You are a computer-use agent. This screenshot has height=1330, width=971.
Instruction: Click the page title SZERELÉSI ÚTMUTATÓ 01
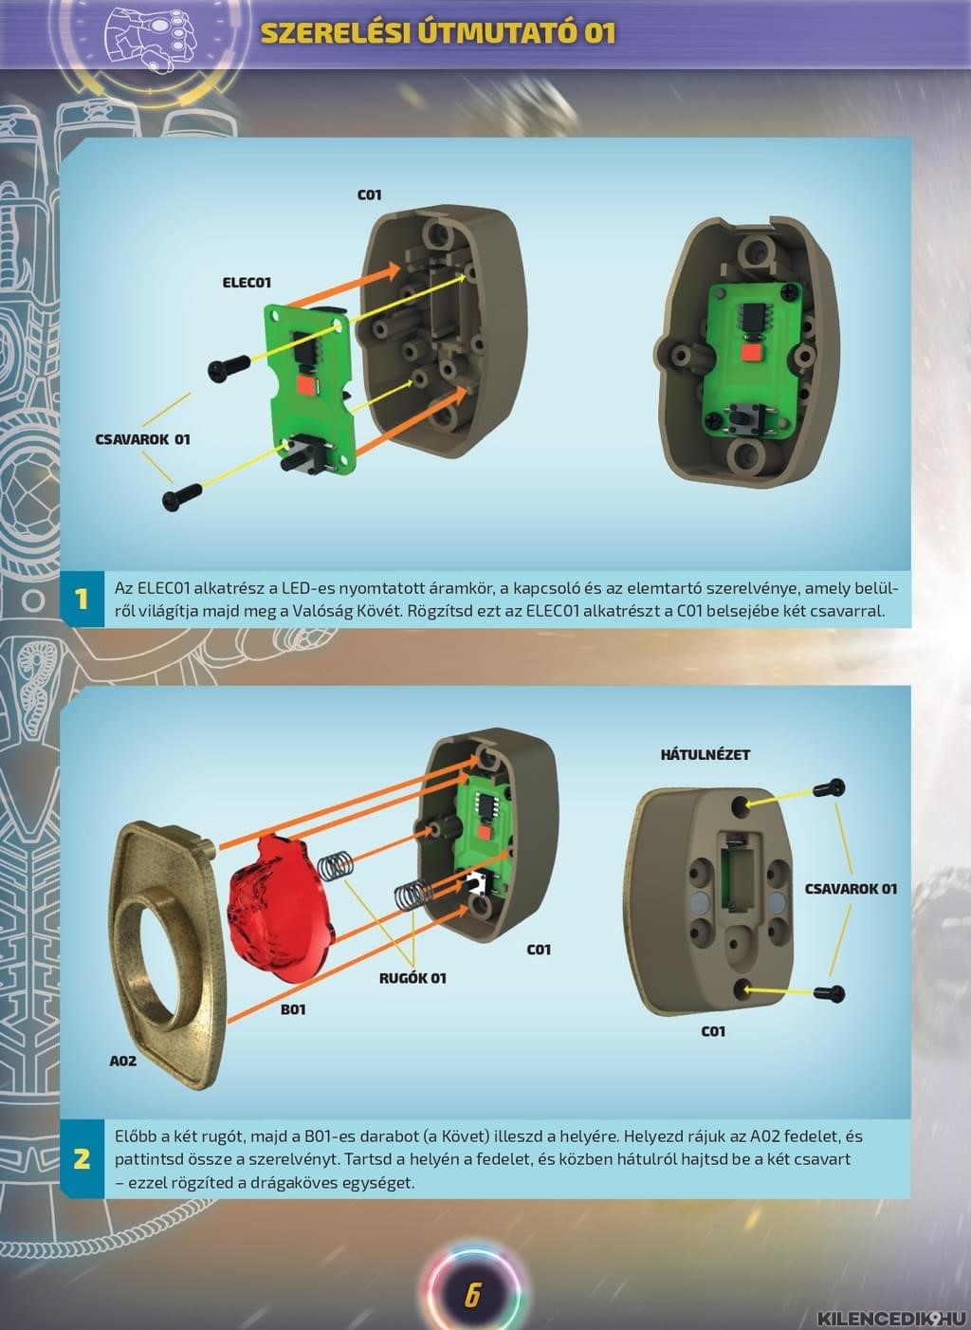click(x=438, y=33)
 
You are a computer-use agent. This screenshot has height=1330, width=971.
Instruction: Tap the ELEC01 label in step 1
click(x=247, y=283)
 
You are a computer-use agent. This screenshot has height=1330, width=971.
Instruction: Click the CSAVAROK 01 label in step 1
click(x=142, y=439)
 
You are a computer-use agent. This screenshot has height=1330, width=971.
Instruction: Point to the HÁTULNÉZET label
click(x=705, y=755)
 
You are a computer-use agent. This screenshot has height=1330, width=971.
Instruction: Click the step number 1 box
click(x=82, y=600)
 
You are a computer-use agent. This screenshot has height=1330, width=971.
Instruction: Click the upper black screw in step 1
click(x=229, y=366)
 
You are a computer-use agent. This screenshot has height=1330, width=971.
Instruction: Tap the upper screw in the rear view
click(x=829, y=788)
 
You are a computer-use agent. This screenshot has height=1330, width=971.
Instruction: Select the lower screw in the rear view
click(x=829, y=992)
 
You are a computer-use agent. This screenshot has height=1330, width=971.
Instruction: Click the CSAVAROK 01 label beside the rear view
click(x=852, y=889)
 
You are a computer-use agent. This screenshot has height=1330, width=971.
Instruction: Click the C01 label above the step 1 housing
click(x=369, y=194)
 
